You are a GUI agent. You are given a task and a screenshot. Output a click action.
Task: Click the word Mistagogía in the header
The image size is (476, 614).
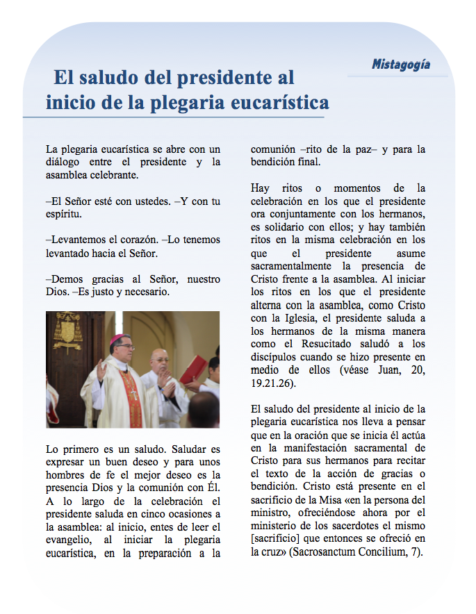(400, 65)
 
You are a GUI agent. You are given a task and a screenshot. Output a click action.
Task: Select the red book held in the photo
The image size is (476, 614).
(194, 368)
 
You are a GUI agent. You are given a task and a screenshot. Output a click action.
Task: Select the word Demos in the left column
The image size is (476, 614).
(65, 279)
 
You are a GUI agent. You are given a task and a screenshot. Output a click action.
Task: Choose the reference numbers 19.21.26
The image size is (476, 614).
(273, 383)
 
